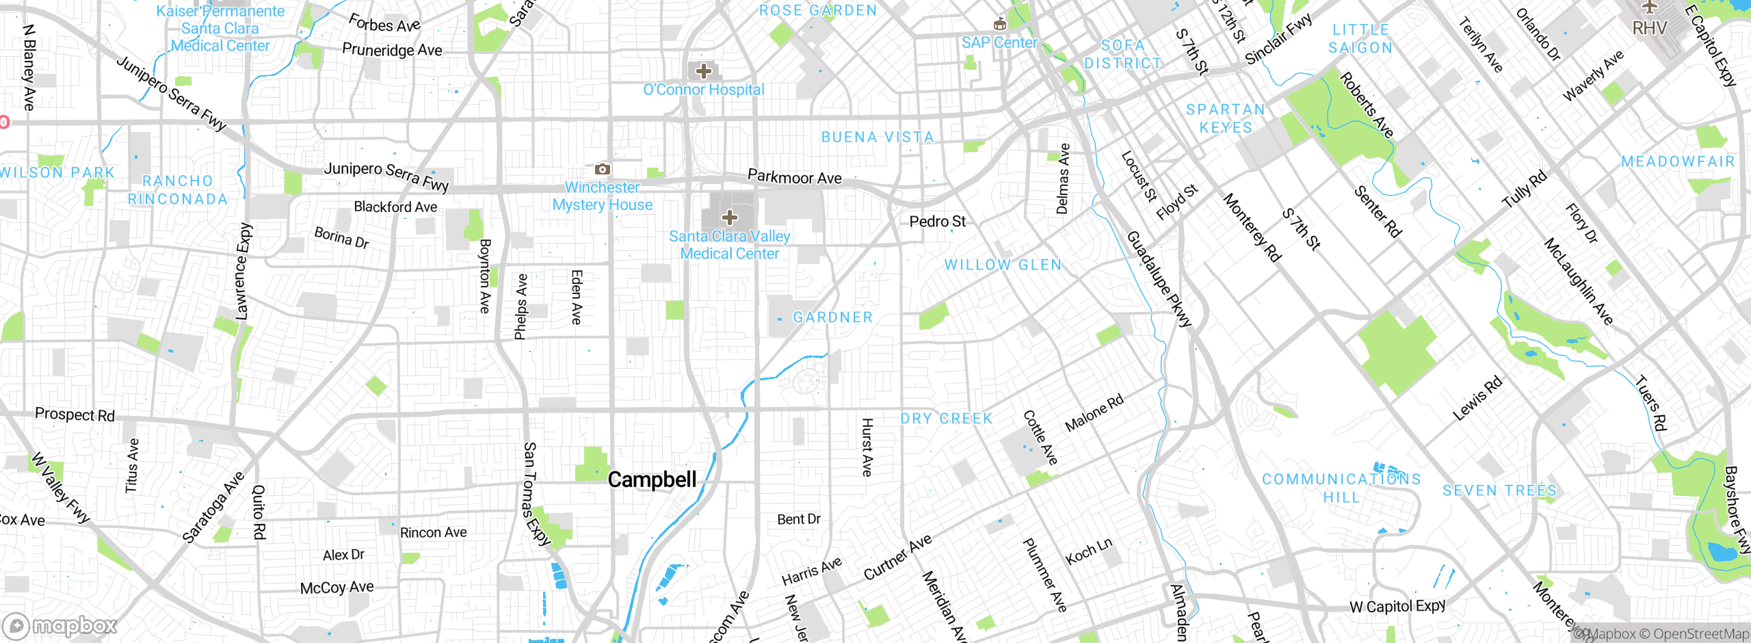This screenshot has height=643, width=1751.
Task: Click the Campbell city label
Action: [x=652, y=480]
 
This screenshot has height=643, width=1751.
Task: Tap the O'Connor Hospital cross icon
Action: [x=703, y=70]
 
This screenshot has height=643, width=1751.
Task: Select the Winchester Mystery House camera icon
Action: [x=602, y=169]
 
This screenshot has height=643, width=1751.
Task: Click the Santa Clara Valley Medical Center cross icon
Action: [x=730, y=218]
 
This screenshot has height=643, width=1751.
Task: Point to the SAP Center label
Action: [x=999, y=42]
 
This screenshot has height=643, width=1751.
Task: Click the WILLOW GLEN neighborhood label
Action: [x=1003, y=265]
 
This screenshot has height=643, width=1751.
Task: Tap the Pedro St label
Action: [x=937, y=222]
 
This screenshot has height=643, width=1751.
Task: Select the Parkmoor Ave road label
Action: [x=794, y=177]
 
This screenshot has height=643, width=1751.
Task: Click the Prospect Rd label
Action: [x=75, y=415]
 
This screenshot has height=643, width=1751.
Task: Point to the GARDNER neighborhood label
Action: [x=832, y=317]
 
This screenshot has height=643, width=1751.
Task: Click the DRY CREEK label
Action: [x=946, y=419]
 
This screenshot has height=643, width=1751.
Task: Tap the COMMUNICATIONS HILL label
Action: [x=1341, y=488]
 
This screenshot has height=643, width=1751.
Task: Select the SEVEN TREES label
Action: [x=1499, y=490]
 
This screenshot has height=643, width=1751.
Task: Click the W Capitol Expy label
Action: [x=1397, y=606]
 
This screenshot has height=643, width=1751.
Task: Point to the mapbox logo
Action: [x=60, y=625]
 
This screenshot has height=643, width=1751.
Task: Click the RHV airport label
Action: [x=1650, y=28]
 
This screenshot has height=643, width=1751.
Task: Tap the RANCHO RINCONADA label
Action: [x=178, y=189]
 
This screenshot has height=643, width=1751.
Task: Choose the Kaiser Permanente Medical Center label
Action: [x=220, y=29]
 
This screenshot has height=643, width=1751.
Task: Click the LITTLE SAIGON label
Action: [x=1360, y=38]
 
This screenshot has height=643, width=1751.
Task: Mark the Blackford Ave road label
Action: [x=395, y=207]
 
